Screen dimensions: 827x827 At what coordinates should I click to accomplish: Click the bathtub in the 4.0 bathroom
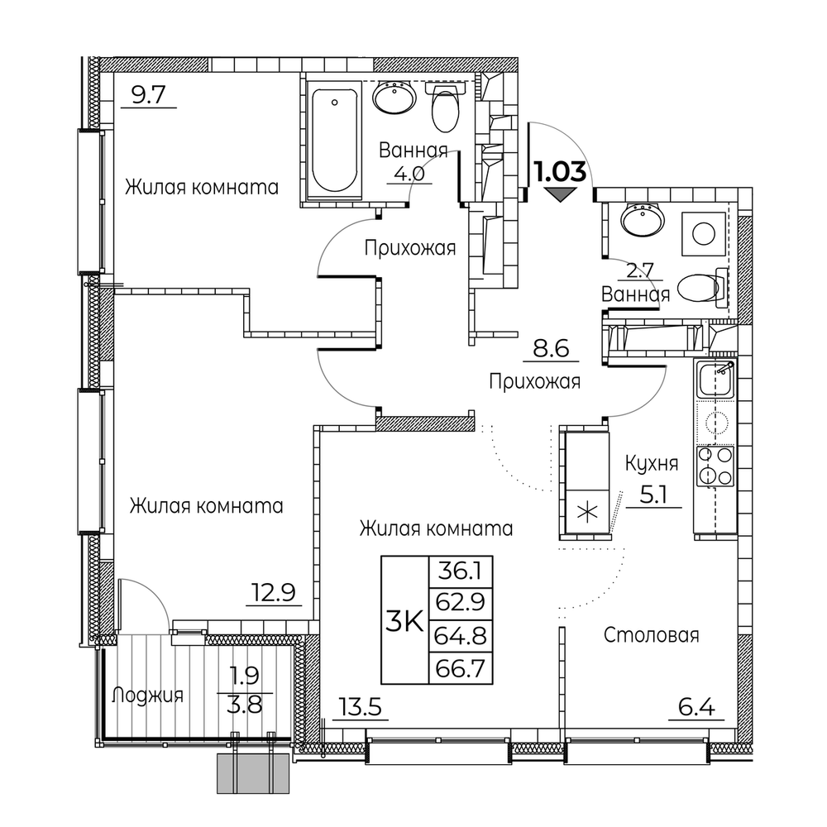(334, 141)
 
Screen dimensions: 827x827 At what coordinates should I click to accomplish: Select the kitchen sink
(715, 378)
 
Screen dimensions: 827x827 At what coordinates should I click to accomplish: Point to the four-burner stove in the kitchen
(715, 466)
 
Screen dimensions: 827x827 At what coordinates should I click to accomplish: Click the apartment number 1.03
(560, 172)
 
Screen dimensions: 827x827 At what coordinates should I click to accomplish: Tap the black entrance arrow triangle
(560, 195)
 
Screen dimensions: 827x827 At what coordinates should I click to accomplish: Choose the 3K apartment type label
(405, 623)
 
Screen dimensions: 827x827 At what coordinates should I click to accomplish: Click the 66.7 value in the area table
(461, 669)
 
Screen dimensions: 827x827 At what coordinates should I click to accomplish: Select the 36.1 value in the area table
(461, 571)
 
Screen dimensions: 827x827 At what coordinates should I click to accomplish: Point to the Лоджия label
(147, 696)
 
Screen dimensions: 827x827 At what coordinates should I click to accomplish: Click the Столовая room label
(652, 635)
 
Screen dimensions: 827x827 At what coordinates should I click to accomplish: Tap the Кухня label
(652, 464)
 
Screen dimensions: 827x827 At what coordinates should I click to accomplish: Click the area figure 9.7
(149, 95)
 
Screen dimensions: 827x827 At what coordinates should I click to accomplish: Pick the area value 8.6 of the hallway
(551, 349)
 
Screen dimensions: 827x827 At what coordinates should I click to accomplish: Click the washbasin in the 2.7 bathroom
(642, 219)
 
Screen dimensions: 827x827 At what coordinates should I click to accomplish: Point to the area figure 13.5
(361, 708)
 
